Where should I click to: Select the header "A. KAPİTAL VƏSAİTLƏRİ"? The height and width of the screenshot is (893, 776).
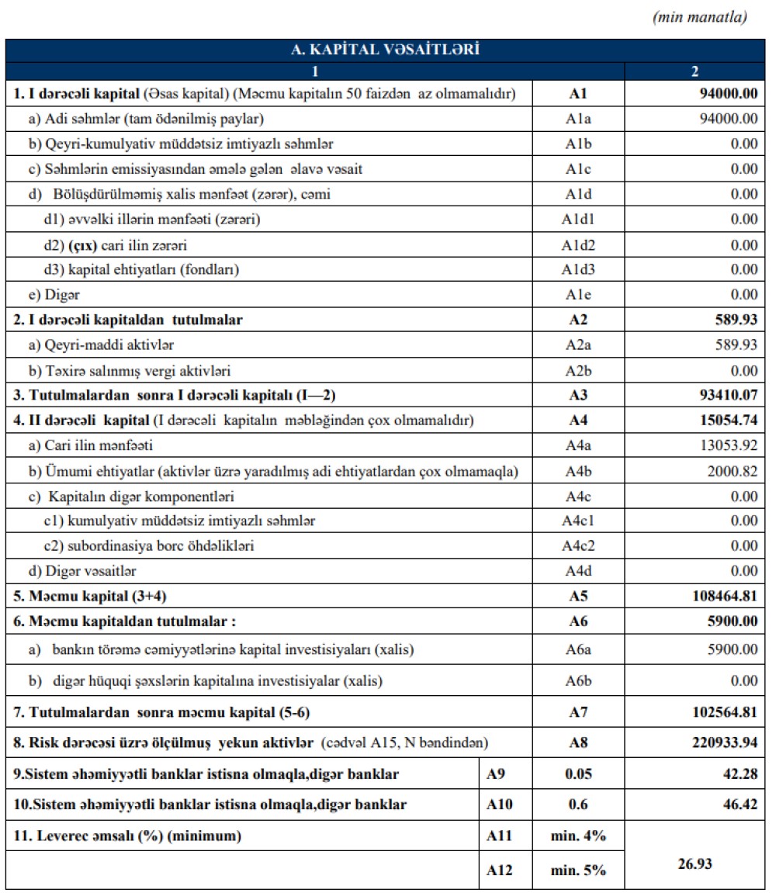(385, 50)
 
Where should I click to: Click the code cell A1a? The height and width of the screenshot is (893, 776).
(578, 119)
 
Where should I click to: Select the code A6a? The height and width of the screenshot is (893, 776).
(578, 649)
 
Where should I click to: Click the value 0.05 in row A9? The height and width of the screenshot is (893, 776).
(578, 774)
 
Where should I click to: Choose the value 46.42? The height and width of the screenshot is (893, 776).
(740, 805)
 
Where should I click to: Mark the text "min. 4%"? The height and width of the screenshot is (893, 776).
(578, 836)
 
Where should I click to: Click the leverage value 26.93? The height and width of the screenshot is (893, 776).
(695, 863)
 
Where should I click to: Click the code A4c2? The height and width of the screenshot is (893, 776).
(578, 546)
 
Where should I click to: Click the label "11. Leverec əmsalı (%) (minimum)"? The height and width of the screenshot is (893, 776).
(127, 836)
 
